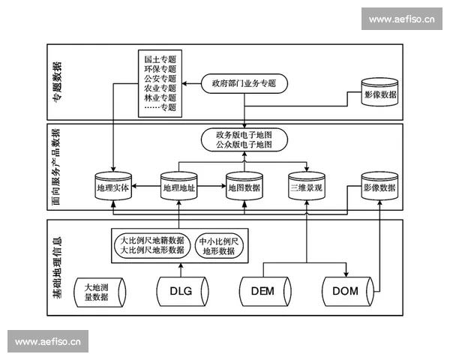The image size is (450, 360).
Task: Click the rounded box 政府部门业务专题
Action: pos(244,83)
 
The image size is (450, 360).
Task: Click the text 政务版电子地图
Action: pos(244,133)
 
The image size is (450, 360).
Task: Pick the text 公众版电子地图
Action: pos(244,144)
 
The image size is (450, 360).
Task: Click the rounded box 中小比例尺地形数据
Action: pos(219,247)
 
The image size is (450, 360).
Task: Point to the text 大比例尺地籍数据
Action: pos(152,241)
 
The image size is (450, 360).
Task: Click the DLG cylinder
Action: pos(180,292)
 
